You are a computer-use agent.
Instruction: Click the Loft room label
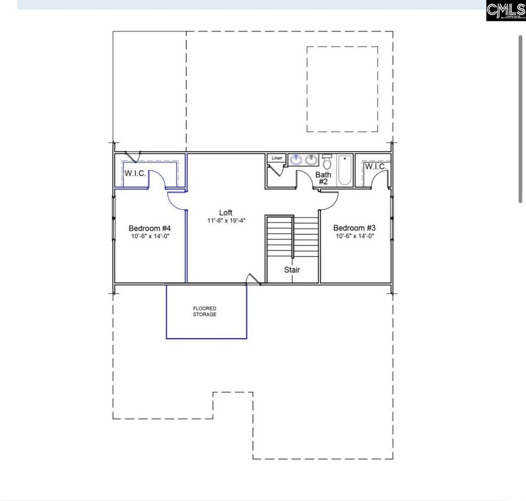pyautogui.click(x=225, y=213)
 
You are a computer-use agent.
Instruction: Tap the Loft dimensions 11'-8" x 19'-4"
pyautogui.click(x=225, y=220)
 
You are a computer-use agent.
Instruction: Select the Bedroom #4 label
pyautogui.click(x=150, y=228)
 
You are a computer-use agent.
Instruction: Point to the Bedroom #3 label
pyautogui.click(x=354, y=228)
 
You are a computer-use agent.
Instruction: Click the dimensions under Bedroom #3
pyautogui.click(x=354, y=236)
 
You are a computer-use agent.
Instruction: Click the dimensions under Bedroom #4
pyautogui.click(x=150, y=236)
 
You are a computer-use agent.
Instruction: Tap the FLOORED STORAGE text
pyautogui.click(x=205, y=311)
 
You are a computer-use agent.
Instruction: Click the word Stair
pyautogui.click(x=292, y=270)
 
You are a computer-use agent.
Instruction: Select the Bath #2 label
pyautogui.click(x=323, y=178)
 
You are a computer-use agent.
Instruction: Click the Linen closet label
pyautogui.click(x=277, y=158)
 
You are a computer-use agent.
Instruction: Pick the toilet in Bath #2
pyautogui.click(x=327, y=162)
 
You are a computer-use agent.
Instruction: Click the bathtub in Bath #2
pyautogui.click(x=345, y=170)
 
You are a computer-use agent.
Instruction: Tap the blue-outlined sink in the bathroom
pyautogui.click(x=297, y=159)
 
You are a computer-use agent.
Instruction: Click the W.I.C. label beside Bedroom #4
pyautogui.click(x=135, y=173)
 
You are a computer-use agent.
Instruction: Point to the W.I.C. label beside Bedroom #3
pyautogui.click(x=376, y=167)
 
